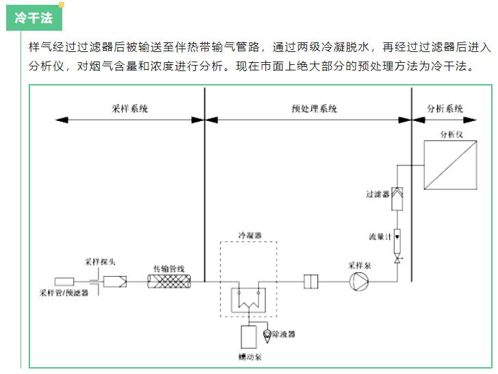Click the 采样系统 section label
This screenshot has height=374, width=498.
point(129,109)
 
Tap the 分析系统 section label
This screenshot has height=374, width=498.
point(445,109)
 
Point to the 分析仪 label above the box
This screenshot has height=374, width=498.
point(451,134)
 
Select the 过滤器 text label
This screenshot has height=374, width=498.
point(377,195)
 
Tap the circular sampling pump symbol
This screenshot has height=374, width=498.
point(359,281)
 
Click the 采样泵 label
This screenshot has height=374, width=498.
point(358,265)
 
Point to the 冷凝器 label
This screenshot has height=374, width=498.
point(249,235)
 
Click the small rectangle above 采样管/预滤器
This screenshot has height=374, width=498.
point(64,281)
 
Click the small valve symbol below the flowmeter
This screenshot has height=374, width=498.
point(398,261)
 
